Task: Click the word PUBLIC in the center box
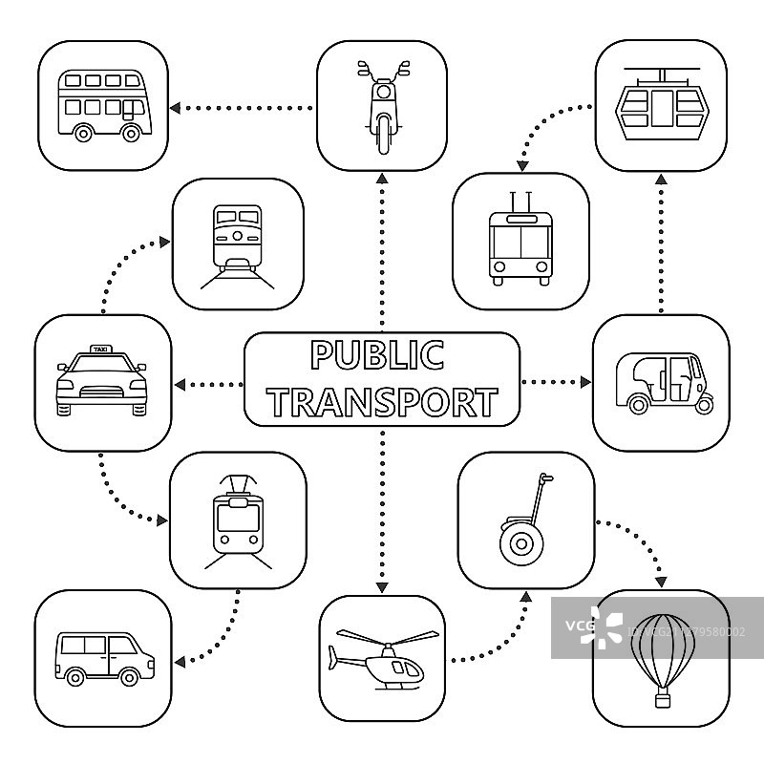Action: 378,355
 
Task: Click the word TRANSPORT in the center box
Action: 382,402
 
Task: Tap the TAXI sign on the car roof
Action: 99,350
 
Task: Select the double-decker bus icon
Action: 103,106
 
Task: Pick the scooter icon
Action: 382,105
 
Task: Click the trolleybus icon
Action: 520,243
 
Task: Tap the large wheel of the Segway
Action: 521,544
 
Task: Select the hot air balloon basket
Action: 661,701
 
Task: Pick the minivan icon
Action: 103,657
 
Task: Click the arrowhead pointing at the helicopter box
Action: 382,586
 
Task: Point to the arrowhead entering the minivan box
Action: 179,659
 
